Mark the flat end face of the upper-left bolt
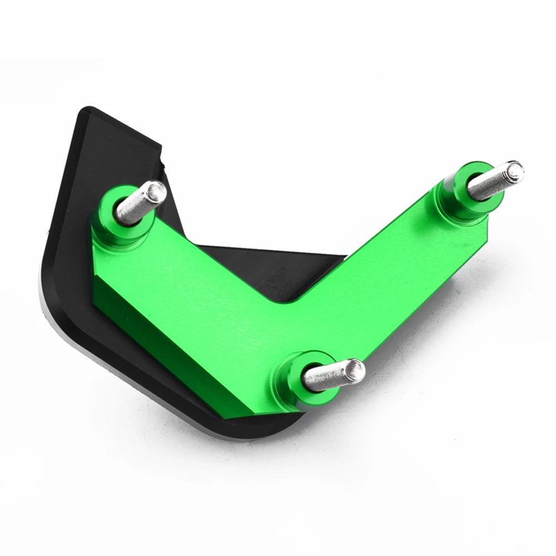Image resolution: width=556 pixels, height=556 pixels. [157, 192]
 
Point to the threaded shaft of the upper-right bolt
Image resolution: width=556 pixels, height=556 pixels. [489, 182]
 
